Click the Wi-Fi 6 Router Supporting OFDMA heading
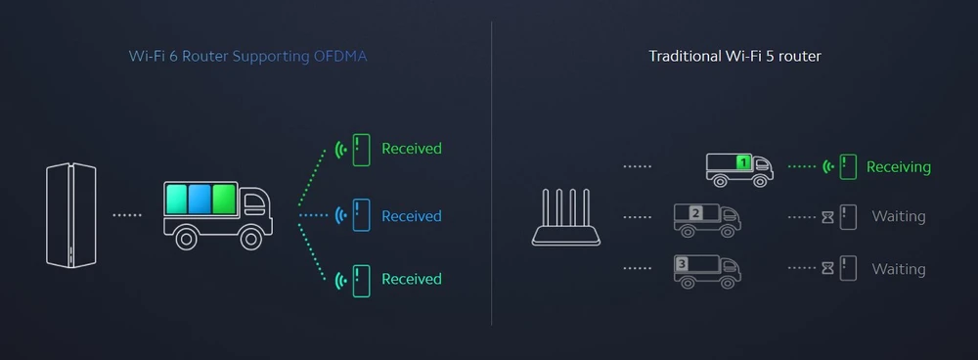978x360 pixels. pyautogui.click(x=247, y=56)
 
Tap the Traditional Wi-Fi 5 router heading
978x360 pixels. pyautogui.click(x=734, y=56)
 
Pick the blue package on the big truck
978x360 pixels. pyautogui.click(x=200, y=201)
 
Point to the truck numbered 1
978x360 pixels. pyautogui.click(x=739, y=167)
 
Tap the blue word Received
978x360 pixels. pyautogui.click(x=411, y=216)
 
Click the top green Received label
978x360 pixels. pyautogui.click(x=411, y=149)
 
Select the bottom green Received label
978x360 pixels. pyautogui.click(x=411, y=280)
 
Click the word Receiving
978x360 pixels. pyautogui.click(x=899, y=167)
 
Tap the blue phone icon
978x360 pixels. pyautogui.click(x=361, y=215)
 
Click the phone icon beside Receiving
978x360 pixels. pyautogui.click(x=847, y=166)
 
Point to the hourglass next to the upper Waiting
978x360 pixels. pyautogui.click(x=826, y=218)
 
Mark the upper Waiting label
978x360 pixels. pyautogui.click(x=898, y=217)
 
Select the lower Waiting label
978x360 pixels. pyautogui.click(x=898, y=269)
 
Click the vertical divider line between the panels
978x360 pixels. pyautogui.click(x=491, y=176)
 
